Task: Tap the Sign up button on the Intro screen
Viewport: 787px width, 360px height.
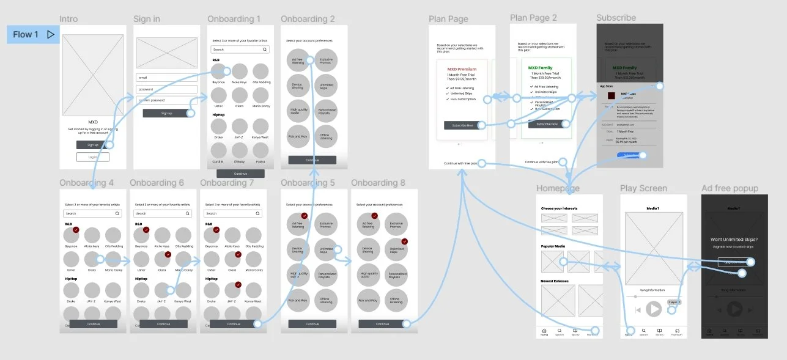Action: pyautogui.click(x=93, y=145)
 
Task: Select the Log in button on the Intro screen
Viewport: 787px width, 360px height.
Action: pyautogui.click(x=93, y=157)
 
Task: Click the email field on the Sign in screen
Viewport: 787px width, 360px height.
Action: pyautogui.click(x=166, y=78)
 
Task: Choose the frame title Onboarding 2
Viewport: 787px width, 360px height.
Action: pyautogui.click(x=308, y=19)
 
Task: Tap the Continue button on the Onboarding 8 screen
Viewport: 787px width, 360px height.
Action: pyautogui.click(x=382, y=324)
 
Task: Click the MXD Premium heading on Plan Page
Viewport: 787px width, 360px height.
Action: pyautogui.click(x=462, y=69)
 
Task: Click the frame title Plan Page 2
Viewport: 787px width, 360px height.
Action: pyautogui.click(x=533, y=18)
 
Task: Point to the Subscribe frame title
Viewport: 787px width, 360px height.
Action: pyautogui.click(x=616, y=18)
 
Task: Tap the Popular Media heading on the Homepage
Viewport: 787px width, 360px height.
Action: pyautogui.click(x=553, y=246)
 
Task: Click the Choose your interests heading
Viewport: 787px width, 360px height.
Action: pyautogui.click(x=559, y=208)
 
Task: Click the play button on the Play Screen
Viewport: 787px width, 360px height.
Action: pyautogui.click(x=654, y=309)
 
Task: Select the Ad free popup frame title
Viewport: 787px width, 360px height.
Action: pyautogui.click(x=730, y=188)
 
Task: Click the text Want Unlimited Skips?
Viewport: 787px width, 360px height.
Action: pyautogui.click(x=734, y=239)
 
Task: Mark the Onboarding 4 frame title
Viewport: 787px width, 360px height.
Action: pyautogui.click(x=86, y=183)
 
